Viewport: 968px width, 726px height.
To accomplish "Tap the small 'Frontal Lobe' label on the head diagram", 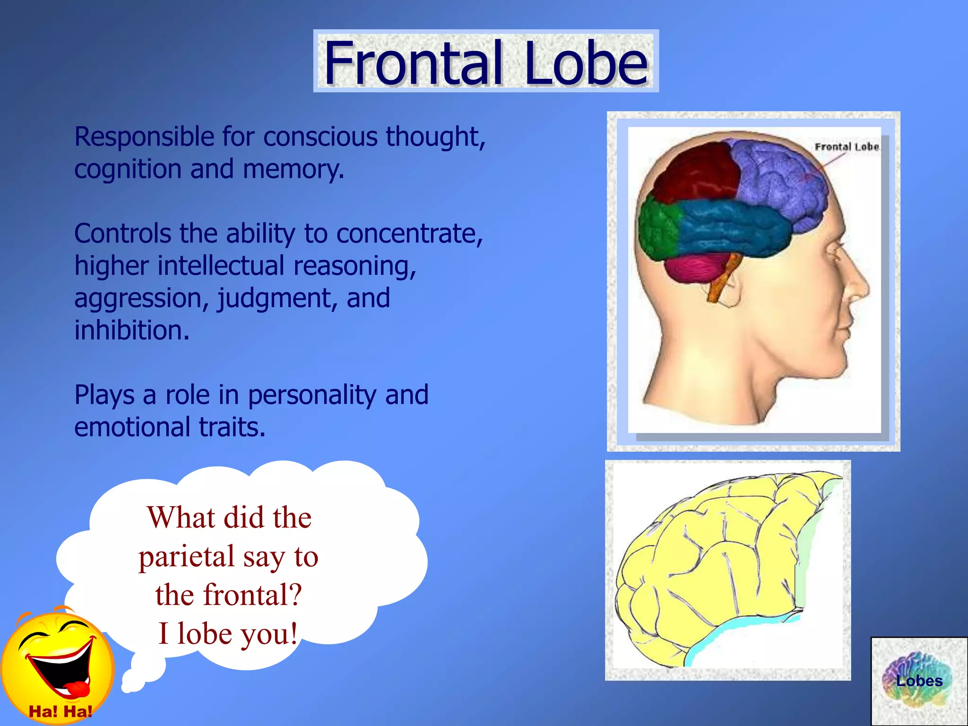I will point(847,147).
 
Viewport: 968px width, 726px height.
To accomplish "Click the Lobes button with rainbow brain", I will point(919,681).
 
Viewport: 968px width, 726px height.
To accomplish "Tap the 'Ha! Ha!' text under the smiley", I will point(60,711).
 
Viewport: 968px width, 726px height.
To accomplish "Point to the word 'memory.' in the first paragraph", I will point(293,169).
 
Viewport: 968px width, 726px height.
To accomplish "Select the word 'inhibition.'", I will point(132,330).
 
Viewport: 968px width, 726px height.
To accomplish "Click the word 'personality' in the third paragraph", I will point(312,396).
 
